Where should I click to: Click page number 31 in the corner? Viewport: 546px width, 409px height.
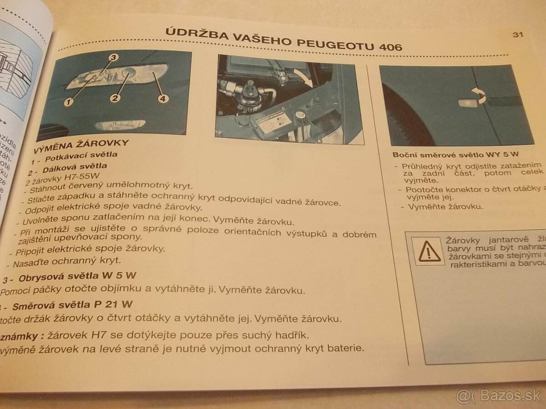[517, 35]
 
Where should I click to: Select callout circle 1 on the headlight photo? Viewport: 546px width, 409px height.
[69, 102]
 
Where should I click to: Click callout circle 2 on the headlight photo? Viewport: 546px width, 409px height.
[116, 97]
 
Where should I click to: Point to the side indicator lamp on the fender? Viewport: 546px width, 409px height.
[467, 103]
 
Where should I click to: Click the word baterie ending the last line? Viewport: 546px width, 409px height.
[348, 349]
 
